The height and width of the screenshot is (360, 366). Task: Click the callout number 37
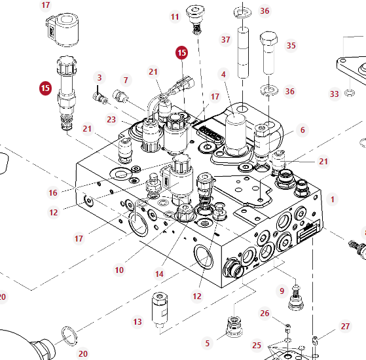tap(225, 40)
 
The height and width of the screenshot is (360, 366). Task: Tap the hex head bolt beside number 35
tap(268, 53)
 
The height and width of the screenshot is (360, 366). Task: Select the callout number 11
tap(175, 17)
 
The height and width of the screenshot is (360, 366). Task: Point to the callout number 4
tap(223, 75)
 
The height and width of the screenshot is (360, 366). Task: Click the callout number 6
tap(302, 130)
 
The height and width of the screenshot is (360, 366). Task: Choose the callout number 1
tap(333, 199)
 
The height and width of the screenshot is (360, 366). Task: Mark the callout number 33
tap(335, 94)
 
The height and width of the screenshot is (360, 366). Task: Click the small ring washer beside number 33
tap(350, 94)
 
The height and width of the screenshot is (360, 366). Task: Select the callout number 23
tap(111, 120)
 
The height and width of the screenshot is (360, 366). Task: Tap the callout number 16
tap(53, 192)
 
